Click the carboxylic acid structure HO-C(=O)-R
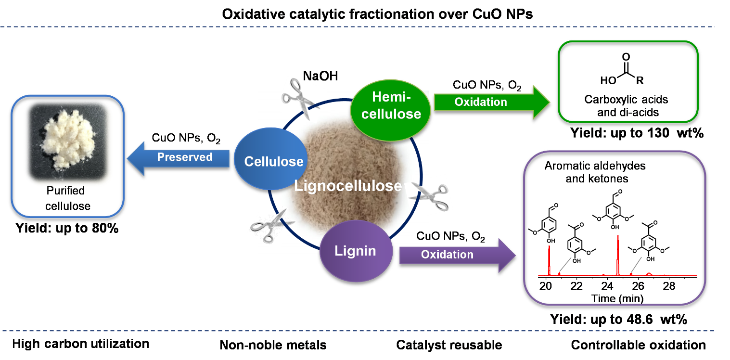[624, 75]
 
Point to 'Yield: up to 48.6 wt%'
[613, 319]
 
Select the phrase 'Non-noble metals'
[273, 345]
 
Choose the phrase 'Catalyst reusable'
[449, 345]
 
